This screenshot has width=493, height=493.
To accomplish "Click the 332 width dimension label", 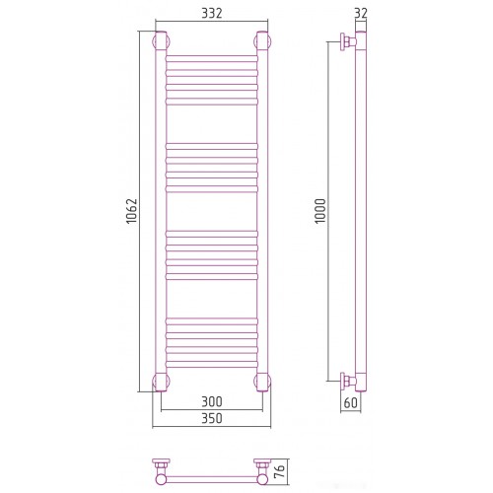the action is tap(212, 13).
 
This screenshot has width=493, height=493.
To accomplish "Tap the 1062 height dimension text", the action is tap(132, 211).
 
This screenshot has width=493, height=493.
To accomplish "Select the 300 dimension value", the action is tap(212, 401).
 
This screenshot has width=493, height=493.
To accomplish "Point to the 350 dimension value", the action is tap(212, 418).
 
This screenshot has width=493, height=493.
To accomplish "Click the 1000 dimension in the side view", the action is tap(320, 211).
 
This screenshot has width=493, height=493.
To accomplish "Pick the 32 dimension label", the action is tap(361, 13).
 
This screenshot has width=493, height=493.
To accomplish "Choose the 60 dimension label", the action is tap(350, 402).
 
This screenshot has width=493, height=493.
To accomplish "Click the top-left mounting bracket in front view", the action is tap(161, 41).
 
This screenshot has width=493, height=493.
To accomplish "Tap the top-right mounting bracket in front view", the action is tap(262, 41).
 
